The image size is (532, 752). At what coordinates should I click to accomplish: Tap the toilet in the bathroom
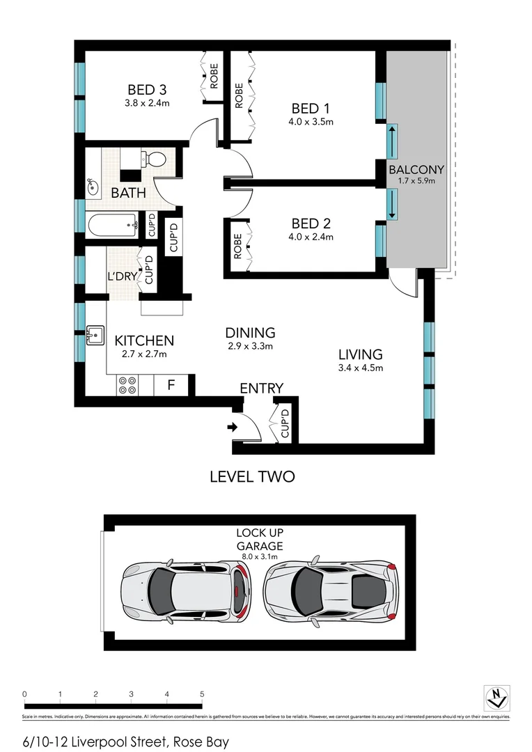point(154,160)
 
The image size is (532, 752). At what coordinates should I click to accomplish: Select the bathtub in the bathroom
point(114,225)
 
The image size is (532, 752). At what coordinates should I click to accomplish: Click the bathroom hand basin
point(92,187)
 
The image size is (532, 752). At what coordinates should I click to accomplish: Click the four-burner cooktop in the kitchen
point(127,385)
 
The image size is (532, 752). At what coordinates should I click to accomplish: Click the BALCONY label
point(416,169)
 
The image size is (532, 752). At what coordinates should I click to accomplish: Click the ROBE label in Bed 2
point(237,246)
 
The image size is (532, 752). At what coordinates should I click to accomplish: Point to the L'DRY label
point(122,276)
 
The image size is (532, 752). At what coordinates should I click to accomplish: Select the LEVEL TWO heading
point(252,477)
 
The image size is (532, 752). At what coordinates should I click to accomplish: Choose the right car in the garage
point(331,590)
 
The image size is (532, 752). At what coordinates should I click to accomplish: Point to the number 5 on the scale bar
point(202,694)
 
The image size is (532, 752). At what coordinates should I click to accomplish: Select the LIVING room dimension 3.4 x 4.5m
point(361,368)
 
